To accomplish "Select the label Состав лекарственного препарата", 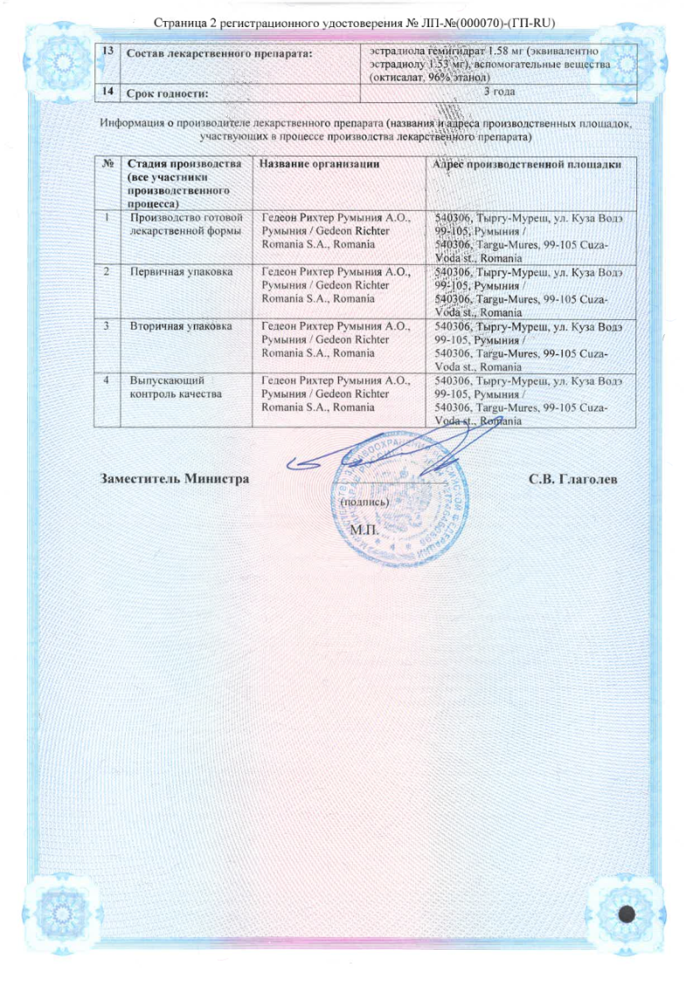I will [x=220, y=54].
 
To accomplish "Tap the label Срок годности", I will [x=170, y=92].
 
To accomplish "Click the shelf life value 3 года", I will [x=498, y=91].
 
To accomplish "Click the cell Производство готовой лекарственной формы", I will [x=185, y=223].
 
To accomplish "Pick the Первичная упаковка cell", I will [x=181, y=272].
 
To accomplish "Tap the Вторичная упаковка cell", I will [x=181, y=326].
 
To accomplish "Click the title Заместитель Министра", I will [x=175, y=478].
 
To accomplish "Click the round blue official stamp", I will [x=402, y=507].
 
